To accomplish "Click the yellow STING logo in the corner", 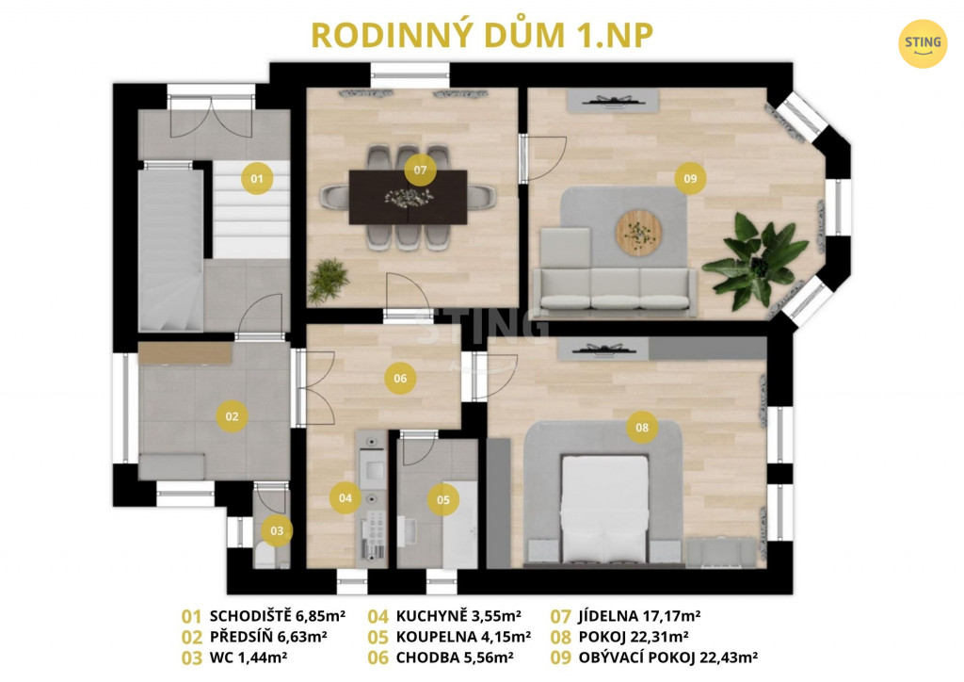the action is click(923, 43).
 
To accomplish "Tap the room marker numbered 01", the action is click(257, 178).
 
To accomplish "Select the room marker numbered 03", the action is click(277, 530).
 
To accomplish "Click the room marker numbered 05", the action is click(442, 499).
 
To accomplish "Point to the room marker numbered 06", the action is click(400, 378).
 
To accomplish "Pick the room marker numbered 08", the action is click(642, 428).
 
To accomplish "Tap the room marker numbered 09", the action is click(690, 178).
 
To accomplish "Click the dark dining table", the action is click(408, 198).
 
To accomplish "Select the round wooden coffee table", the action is click(639, 233).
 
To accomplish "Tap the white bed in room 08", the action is click(605, 510).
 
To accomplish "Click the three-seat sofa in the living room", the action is click(614, 291).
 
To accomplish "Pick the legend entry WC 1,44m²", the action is click(234, 658).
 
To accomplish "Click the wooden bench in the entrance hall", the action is click(185, 353).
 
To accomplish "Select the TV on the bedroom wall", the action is click(603, 350).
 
